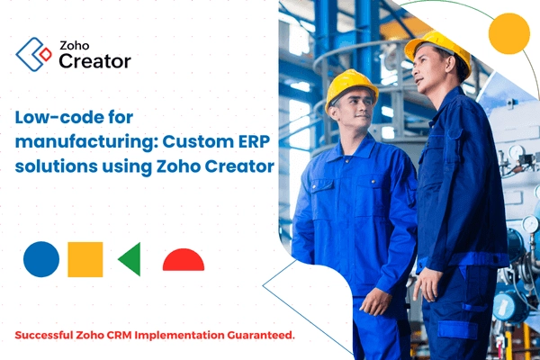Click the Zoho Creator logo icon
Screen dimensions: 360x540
34,54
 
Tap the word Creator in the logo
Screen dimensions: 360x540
94,61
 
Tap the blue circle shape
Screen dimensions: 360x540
41,259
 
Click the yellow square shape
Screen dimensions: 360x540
85,259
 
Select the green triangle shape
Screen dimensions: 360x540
130,259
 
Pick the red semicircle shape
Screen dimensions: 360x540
184,261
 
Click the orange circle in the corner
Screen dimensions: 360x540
508,34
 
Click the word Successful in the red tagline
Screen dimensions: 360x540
49,335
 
